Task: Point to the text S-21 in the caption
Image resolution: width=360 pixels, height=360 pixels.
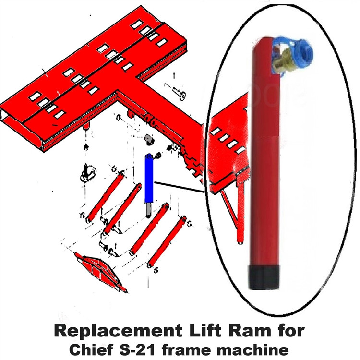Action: click(142, 348)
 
